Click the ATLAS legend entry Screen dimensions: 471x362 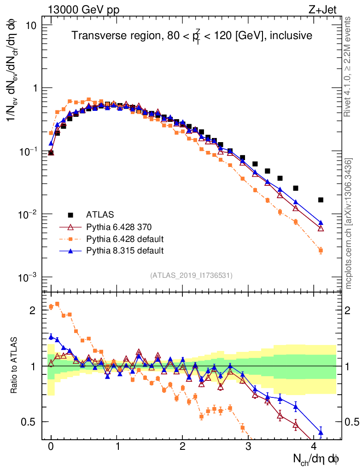pos(99,215)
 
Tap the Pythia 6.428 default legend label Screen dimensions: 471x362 pos(125,239)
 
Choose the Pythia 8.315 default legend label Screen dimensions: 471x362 pos(125,251)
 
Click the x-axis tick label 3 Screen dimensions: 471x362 pos(248,446)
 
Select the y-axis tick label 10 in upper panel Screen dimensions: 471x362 pos(31,25)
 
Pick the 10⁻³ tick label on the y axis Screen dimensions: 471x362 pos(29,277)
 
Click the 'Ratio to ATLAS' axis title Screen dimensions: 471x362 pos(14,365)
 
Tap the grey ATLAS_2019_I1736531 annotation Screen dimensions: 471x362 pos(191,276)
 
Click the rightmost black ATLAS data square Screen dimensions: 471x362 pos(321,200)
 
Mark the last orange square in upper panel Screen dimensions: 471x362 pos(321,251)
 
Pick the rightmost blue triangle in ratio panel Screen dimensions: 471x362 pos(321,432)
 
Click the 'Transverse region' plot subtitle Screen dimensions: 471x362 pos(192,36)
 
